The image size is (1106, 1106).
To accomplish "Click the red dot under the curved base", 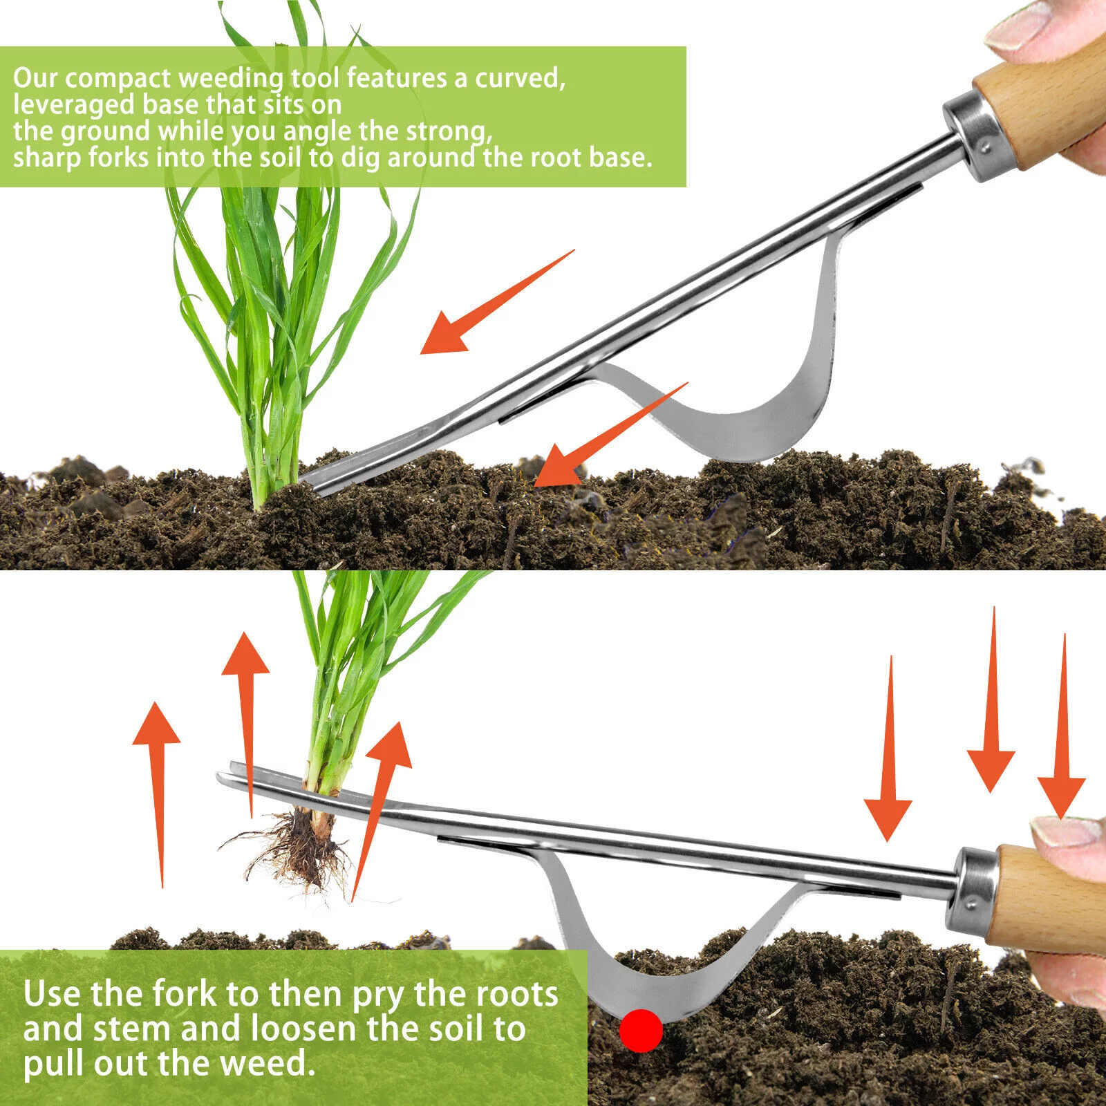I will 641,1031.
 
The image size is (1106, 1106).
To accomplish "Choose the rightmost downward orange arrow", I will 1062,726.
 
